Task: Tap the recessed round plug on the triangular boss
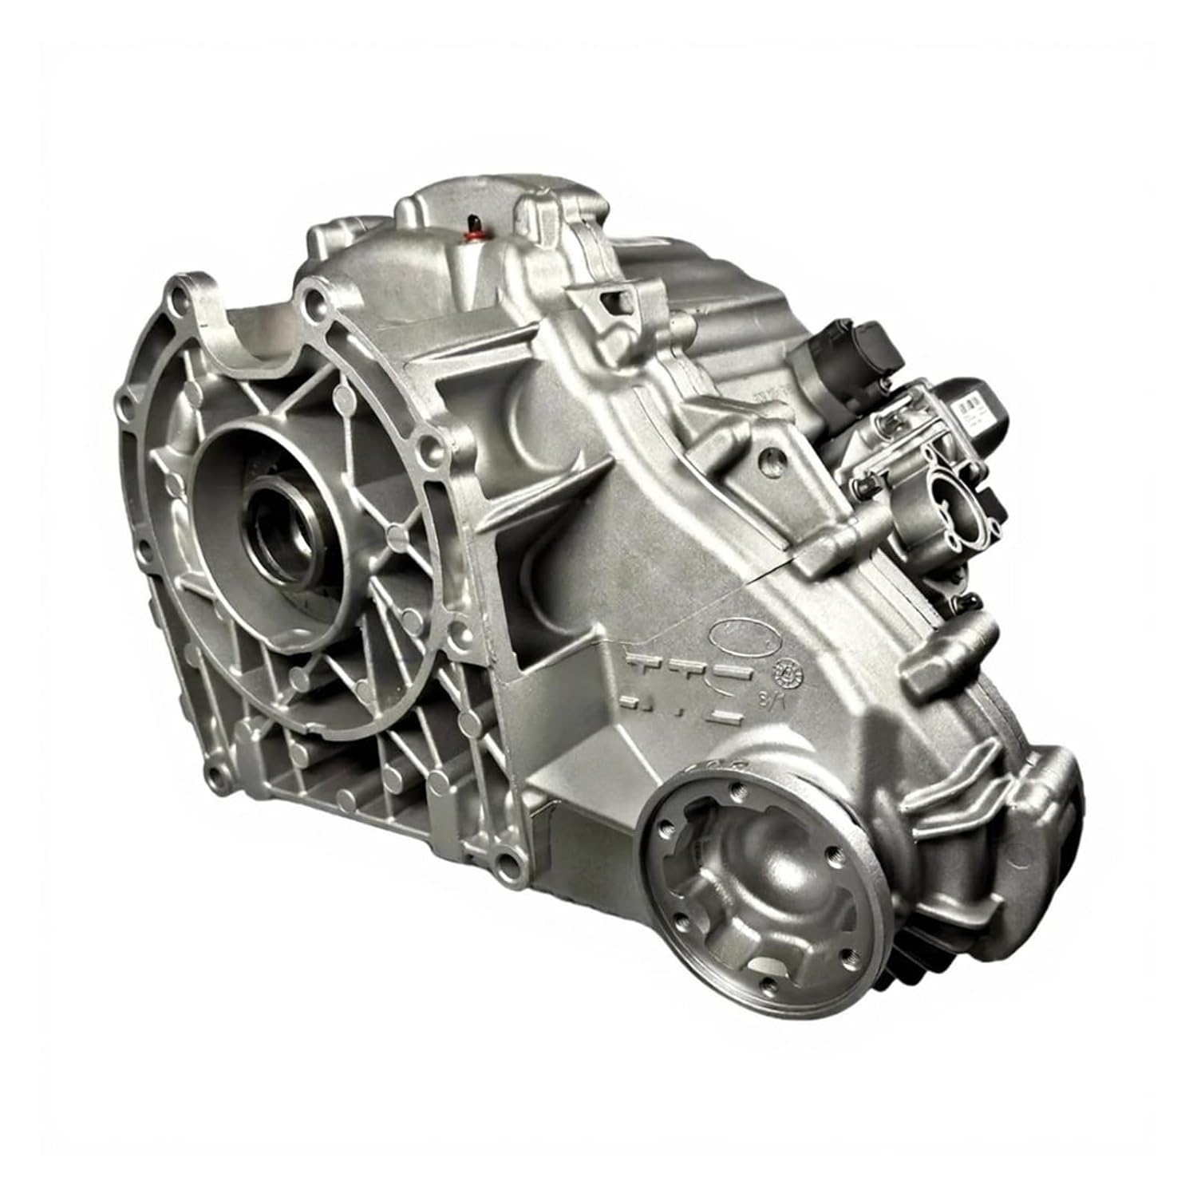[770, 460]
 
